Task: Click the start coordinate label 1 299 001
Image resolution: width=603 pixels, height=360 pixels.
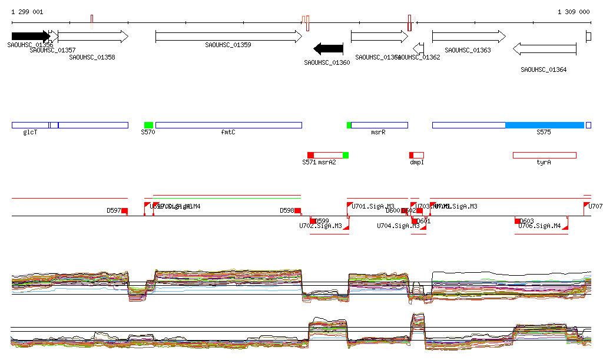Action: (x=27, y=12)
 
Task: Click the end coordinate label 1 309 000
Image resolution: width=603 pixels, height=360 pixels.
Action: (x=573, y=12)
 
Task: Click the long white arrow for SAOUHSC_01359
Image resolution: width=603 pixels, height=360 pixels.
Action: (x=228, y=37)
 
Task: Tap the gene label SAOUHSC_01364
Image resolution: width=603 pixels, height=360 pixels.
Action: (x=544, y=70)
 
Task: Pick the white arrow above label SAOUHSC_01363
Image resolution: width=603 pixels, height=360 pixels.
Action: (x=468, y=37)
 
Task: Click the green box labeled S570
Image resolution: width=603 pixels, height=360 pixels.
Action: (x=148, y=125)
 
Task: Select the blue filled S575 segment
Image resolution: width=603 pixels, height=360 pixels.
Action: (x=544, y=125)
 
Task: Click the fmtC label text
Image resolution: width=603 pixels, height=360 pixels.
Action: (x=228, y=133)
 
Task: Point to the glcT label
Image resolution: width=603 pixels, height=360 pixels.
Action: (x=30, y=133)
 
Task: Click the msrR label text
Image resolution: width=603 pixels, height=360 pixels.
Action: (x=378, y=133)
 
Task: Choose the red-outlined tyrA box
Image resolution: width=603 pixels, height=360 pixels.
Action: (x=544, y=155)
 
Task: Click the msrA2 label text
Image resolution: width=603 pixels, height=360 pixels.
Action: (x=327, y=162)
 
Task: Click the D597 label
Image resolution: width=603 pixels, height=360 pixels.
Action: (x=114, y=210)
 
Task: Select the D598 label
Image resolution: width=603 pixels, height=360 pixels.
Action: (x=287, y=210)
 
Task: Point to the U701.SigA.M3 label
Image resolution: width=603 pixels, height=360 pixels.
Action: (x=373, y=206)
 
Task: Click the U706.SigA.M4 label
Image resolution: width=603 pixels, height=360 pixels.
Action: (x=539, y=226)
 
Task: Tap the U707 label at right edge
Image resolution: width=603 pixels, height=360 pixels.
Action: (x=595, y=206)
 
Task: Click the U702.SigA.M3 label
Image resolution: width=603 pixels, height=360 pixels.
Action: (x=320, y=226)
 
